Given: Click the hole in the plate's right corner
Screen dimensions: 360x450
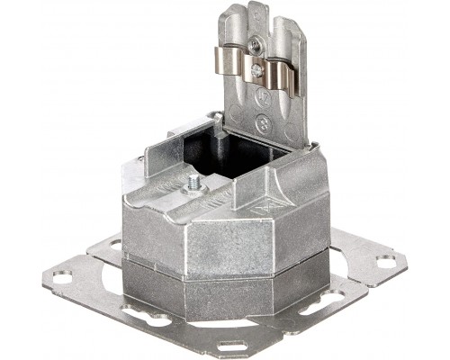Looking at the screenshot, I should [x=386, y=262].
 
